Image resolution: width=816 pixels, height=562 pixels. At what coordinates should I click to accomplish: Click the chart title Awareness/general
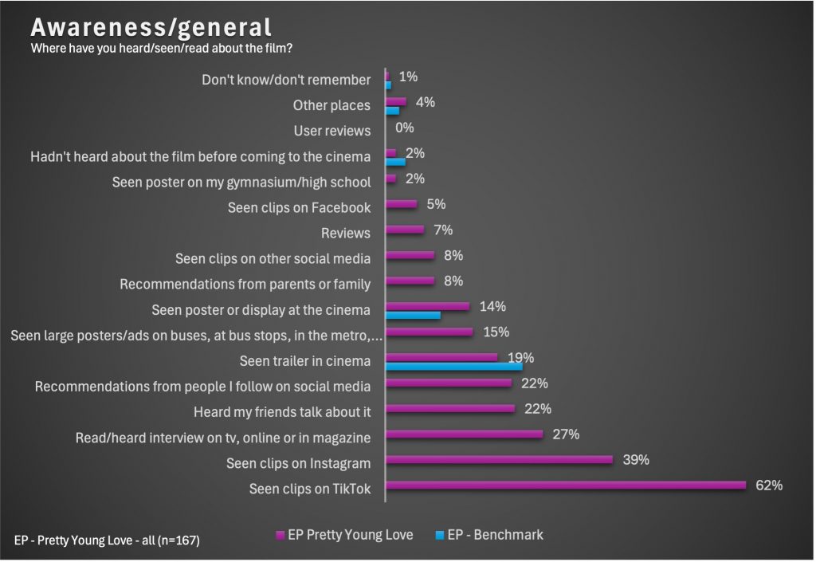click(151, 27)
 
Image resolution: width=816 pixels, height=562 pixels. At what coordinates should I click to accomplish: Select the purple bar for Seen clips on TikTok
click(566, 485)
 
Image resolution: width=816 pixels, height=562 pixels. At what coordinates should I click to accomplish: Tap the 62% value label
click(769, 485)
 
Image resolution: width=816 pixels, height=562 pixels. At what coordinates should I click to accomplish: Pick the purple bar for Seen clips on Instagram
click(499, 459)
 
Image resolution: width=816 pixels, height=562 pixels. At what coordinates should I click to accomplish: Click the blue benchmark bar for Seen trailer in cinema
click(454, 366)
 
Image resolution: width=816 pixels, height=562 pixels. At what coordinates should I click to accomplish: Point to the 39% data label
click(636, 459)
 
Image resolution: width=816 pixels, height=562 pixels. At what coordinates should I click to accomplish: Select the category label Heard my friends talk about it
click(282, 412)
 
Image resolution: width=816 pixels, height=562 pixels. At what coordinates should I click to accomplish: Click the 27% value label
click(566, 434)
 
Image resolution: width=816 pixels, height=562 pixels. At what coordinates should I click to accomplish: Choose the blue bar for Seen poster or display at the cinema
click(413, 315)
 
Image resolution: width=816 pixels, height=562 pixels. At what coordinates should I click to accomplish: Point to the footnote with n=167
click(107, 540)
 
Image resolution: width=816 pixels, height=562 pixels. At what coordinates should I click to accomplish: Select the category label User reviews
click(331, 131)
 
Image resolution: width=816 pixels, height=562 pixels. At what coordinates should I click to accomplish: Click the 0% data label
click(405, 128)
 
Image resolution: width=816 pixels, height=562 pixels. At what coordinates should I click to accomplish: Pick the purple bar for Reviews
click(405, 230)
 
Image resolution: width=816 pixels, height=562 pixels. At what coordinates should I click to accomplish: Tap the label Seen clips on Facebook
click(299, 207)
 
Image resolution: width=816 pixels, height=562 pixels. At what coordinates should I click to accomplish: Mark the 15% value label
click(496, 332)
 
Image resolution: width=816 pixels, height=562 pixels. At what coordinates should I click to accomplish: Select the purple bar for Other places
click(396, 101)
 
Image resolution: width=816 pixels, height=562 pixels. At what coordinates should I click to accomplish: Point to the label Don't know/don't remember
click(286, 80)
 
